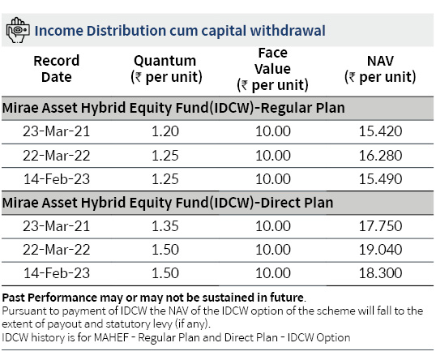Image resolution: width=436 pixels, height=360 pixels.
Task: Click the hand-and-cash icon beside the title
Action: [18, 30]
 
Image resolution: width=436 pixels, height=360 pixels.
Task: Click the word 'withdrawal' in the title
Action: [288, 30]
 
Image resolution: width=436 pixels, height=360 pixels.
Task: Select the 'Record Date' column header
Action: [57, 69]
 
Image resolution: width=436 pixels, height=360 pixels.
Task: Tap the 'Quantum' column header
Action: [166, 69]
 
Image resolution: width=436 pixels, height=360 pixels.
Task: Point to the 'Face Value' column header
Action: [272, 69]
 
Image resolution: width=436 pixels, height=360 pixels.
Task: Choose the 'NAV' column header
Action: [380, 69]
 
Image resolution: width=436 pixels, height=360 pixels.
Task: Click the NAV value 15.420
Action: [380, 131]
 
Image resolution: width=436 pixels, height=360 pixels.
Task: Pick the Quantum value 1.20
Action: [165, 131]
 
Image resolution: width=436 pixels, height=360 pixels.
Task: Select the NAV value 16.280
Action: [380, 155]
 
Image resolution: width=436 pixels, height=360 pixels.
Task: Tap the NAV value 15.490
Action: [380, 179]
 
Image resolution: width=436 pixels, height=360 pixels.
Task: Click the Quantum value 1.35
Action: [165, 226]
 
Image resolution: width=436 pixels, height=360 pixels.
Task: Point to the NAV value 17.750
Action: [380, 226]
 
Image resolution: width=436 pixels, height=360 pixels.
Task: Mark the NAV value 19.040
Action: [380, 249]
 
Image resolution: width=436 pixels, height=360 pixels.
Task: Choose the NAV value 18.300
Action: [380, 273]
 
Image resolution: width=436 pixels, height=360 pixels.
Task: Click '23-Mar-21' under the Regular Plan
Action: [57, 131]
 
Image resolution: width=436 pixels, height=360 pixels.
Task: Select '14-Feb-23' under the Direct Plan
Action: [57, 273]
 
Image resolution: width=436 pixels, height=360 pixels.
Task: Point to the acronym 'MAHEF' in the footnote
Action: [112, 337]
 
